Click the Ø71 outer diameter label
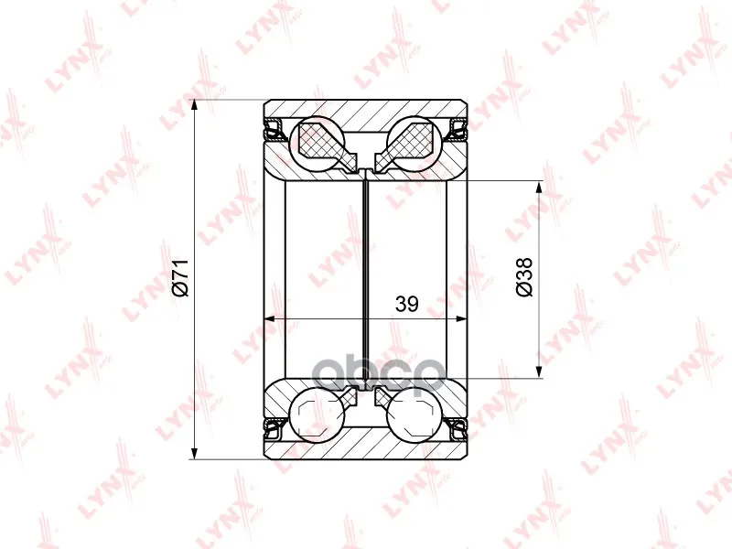pyautogui.click(x=180, y=277)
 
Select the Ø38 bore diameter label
pyautogui.click(x=524, y=277)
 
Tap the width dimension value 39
pyautogui.click(x=406, y=304)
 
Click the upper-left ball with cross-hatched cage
pyautogui.click(x=318, y=142)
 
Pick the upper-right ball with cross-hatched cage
pyautogui.click(x=414, y=142)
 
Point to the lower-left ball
pyautogui.click(x=318, y=413)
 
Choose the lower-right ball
pyautogui.click(x=414, y=413)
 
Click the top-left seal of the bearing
pyautogui.click(x=274, y=130)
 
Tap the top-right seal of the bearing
pyautogui.click(x=457, y=130)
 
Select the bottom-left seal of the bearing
pyautogui.click(x=274, y=428)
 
